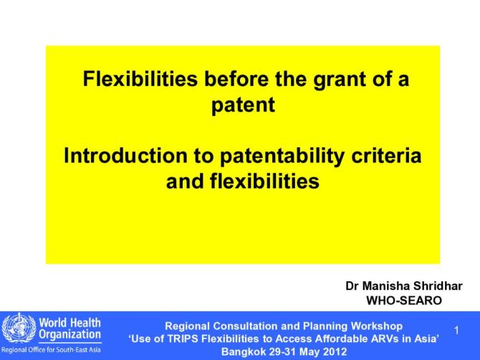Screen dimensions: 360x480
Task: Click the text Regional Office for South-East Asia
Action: (x=51, y=350)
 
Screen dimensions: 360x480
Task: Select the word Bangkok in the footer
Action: (x=244, y=352)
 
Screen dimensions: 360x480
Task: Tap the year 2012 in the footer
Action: (x=334, y=352)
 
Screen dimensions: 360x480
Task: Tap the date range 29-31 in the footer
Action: (x=282, y=352)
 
